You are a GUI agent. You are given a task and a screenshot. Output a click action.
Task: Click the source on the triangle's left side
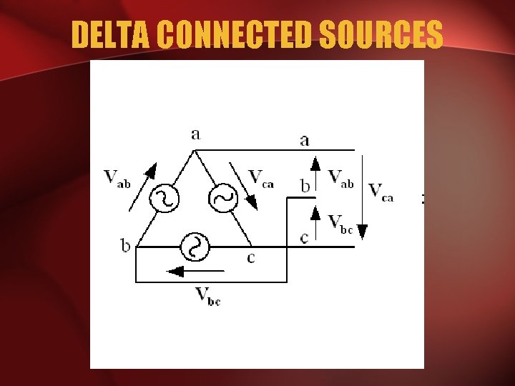165,199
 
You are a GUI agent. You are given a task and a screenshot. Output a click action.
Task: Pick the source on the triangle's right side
223,199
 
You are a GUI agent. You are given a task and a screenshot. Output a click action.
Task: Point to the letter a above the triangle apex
196,134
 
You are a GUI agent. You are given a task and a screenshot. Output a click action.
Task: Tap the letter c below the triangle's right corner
250,257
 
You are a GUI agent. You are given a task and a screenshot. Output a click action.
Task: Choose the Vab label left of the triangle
117,178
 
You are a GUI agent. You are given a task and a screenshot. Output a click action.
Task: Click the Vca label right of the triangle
261,178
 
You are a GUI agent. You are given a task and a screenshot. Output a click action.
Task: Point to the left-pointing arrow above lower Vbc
195,272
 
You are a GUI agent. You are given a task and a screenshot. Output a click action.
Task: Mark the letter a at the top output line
305,140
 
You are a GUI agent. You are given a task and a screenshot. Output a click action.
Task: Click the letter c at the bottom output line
305,237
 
